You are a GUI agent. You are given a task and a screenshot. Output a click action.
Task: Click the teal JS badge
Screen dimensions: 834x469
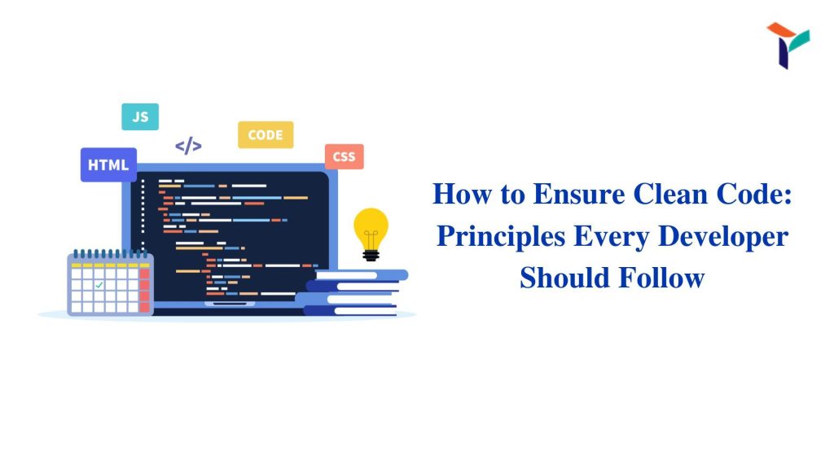pos(140,116)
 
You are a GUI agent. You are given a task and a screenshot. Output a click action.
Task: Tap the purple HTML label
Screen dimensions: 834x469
pos(108,164)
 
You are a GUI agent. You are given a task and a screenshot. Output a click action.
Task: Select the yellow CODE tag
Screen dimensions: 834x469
pos(266,135)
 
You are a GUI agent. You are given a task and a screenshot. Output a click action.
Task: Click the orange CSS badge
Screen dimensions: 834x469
pos(345,157)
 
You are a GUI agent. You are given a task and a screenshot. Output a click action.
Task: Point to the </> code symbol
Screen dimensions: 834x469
pos(188,146)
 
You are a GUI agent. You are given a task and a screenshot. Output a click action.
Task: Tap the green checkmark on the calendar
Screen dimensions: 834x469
pos(99,285)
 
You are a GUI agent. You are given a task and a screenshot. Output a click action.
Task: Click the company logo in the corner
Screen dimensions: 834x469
pos(788,46)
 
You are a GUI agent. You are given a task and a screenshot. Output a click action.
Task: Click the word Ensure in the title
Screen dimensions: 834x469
pos(579,194)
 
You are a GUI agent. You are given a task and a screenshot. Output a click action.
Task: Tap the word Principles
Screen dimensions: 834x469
pos(501,237)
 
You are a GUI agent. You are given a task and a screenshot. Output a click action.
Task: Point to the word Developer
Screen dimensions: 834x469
pos(723,237)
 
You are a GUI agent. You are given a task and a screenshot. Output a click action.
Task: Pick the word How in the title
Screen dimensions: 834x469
pos(463,194)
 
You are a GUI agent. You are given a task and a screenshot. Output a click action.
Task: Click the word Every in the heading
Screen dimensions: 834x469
pos(611,237)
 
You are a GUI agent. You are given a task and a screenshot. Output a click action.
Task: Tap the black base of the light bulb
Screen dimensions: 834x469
pos(371,255)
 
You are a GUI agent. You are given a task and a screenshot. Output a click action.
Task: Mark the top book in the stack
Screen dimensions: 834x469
pos(362,275)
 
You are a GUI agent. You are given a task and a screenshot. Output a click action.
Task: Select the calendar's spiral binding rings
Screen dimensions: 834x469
pos(110,254)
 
